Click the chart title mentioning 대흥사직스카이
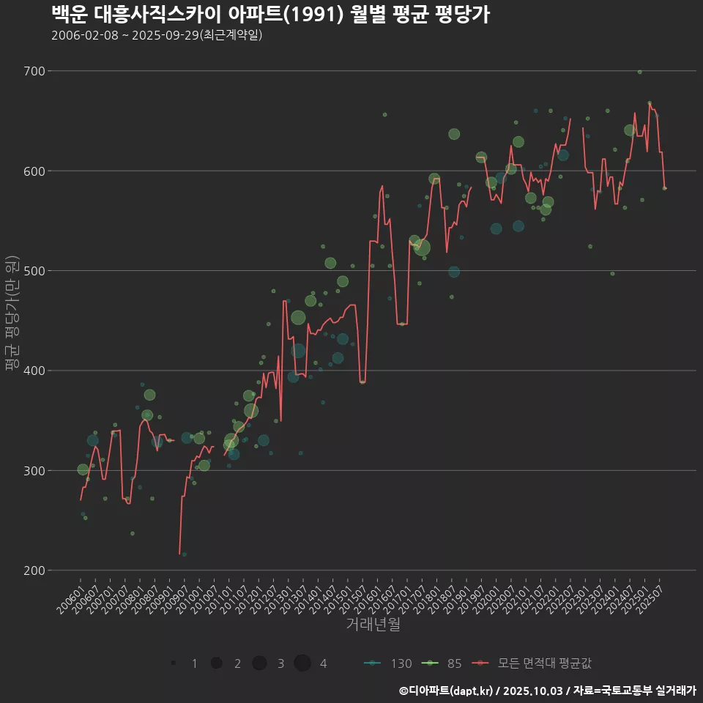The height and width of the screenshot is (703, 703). click(x=271, y=14)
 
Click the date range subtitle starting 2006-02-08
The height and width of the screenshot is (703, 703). click(x=157, y=35)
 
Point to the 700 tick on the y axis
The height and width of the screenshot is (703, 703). click(x=35, y=71)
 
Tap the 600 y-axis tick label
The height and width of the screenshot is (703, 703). click(x=35, y=171)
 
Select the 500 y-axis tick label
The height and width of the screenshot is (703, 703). click(x=35, y=271)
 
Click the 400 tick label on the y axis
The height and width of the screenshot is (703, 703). click(x=35, y=371)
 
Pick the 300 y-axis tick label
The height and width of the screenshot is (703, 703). click(x=35, y=470)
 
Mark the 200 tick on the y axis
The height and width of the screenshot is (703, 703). click(x=35, y=570)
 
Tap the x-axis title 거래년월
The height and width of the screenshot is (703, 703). click(x=373, y=625)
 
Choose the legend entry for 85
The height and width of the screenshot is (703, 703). click(x=442, y=663)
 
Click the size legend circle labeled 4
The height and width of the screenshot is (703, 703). click(x=302, y=663)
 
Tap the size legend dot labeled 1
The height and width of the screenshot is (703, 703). click(x=174, y=663)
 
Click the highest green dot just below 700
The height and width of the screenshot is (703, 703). click(x=639, y=72)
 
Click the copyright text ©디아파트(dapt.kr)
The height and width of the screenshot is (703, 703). click(x=447, y=691)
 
